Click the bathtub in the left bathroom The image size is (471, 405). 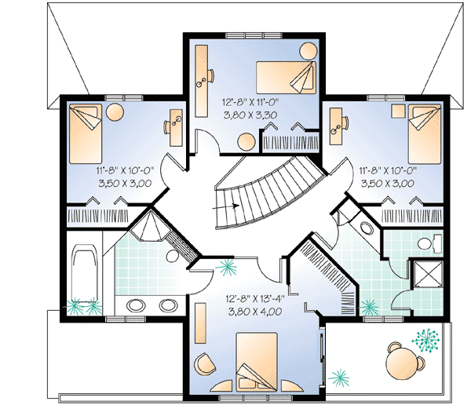[x=85, y=272]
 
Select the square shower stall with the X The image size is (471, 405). [x=428, y=274]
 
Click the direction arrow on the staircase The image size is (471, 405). [x=225, y=206]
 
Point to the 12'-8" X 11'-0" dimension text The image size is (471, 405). [x=251, y=103]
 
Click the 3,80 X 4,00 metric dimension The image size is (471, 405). [x=255, y=312]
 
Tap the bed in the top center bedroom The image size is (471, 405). [x=286, y=78]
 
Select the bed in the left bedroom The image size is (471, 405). [x=86, y=133]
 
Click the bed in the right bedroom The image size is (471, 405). [x=425, y=133]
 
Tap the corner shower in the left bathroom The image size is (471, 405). [x=150, y=225]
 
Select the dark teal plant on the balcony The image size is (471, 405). [x=425, y=340]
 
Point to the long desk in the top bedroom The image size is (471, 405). [x=201, y=81]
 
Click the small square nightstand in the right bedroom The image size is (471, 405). [x=398, y=111]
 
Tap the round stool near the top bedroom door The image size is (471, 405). [x=246, y=142]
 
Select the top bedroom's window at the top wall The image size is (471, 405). [x=254, y=35]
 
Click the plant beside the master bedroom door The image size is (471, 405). [x=227, y=268]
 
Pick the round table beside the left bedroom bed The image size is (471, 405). [x=115, y=112]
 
